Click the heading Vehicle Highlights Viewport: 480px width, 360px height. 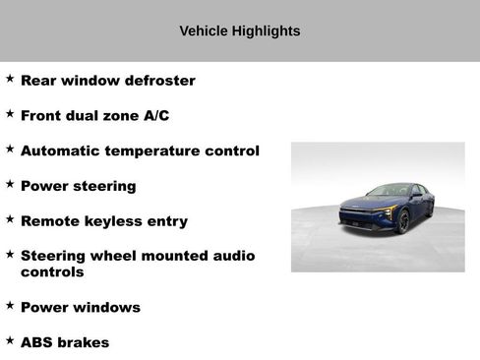click(x=240, y=30)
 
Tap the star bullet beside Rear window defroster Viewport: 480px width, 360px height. click(x=10, y=78)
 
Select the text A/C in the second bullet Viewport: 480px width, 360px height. click(x=154, y=116)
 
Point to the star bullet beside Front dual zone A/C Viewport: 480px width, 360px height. click(x=10, y=113)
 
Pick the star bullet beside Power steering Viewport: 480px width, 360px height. click(x=10, y=183)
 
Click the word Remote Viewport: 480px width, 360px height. click(x=50, y=221)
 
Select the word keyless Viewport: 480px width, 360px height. click(x=114, y=221)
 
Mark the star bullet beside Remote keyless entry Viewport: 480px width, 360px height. click(x=10, y=218)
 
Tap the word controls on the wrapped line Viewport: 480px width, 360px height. click(x=52, y=272)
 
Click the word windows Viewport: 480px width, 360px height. click(x=105, y=308)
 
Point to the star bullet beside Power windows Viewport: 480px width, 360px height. click(x=10, y=305)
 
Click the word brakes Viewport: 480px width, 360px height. click(x=85, y=343)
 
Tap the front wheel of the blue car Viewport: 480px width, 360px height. click(x=404, y=222)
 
